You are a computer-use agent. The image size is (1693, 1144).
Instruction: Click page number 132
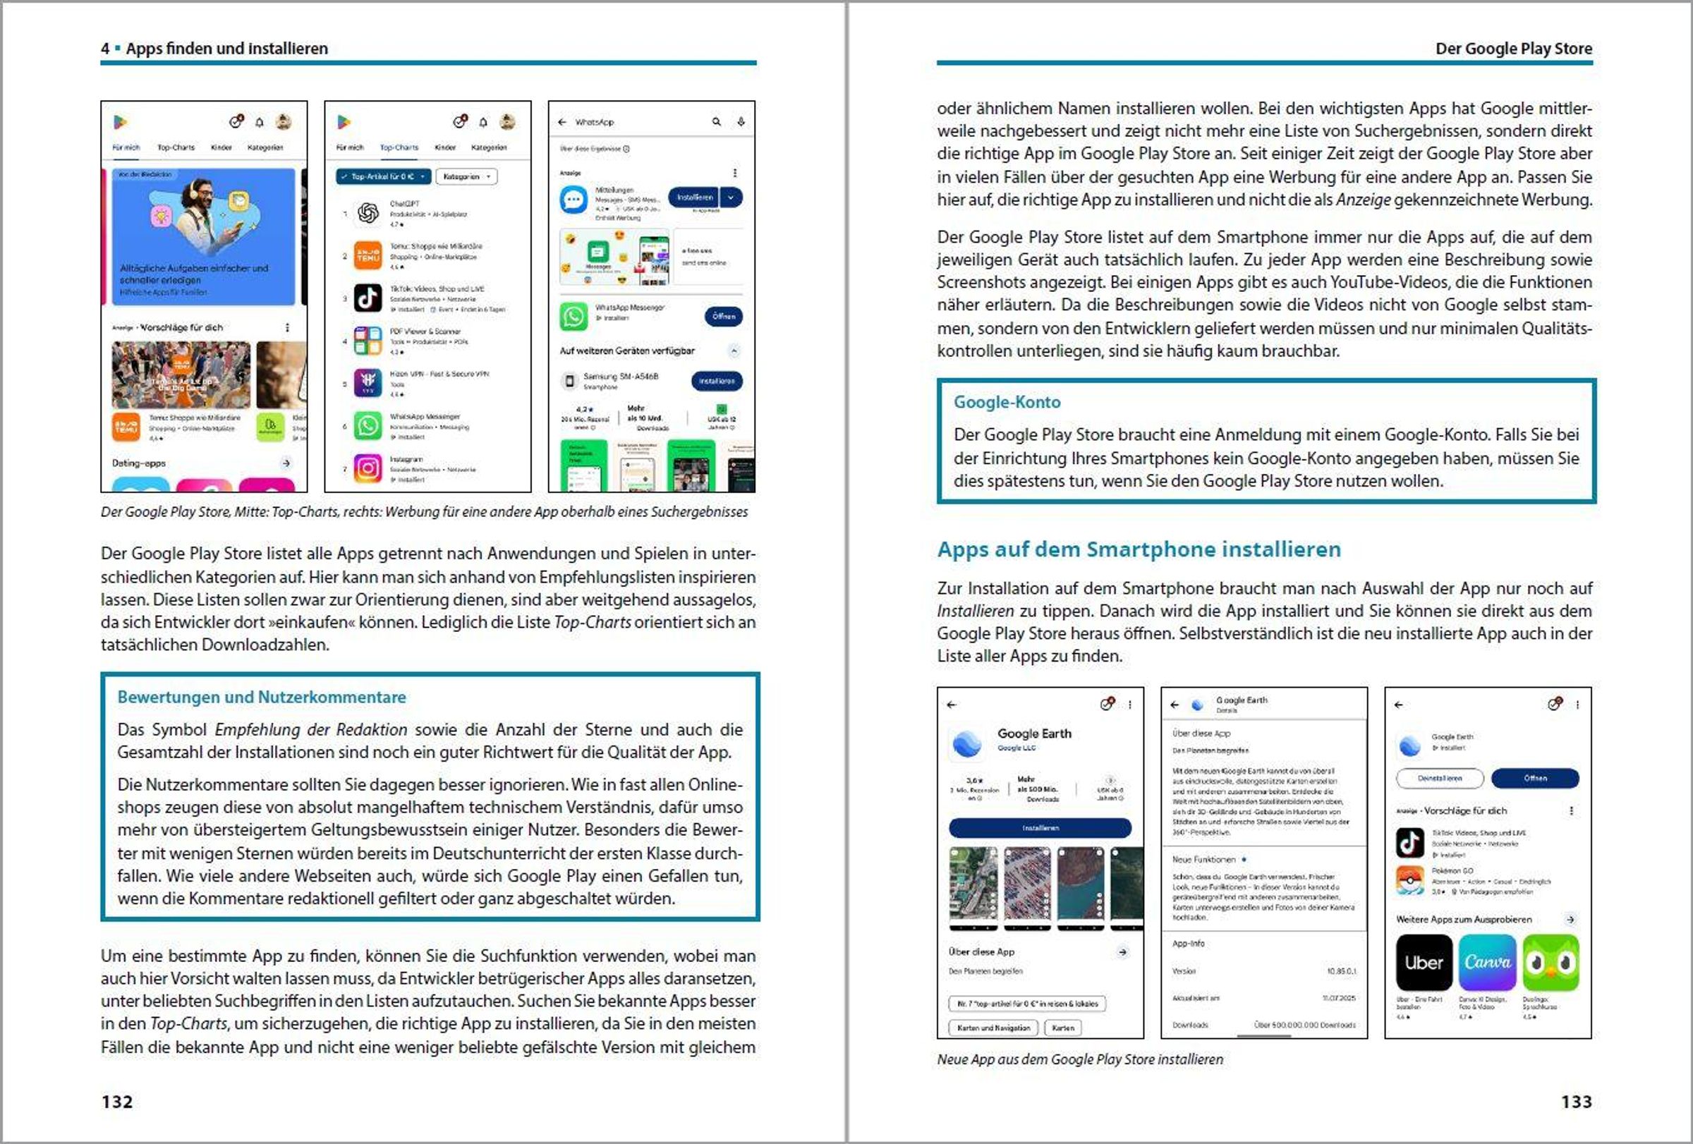[x=116, y=1101]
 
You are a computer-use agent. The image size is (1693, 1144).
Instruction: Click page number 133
[x=1576, y=1101]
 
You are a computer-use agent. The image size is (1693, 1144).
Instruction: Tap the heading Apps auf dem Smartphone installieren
[x=1139, y=549]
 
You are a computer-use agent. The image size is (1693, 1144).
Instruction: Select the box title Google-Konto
[x=1007, y=402]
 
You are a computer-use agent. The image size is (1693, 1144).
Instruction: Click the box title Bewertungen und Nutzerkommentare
[x=262, y=697]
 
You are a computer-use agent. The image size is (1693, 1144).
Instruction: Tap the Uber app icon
[x=1424, y=963]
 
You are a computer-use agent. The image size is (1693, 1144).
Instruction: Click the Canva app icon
[x=1487, y=963]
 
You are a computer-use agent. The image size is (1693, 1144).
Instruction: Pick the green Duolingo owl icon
[x=1551, y=963]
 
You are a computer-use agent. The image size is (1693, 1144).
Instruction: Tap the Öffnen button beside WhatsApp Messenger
[x=723, y=316]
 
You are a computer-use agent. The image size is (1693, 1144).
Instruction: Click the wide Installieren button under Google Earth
[x=1040, y=828]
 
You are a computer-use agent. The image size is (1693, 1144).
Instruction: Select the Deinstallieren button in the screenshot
[x=1440, y=778]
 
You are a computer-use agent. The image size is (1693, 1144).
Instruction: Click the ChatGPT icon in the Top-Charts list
[x=368, y=212]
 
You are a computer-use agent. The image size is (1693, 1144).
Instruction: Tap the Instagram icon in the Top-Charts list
[x=368, y=468]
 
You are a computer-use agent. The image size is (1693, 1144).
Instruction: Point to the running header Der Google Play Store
[x=1513, y=49]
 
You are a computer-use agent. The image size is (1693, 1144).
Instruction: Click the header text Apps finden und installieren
[x=226, y=49]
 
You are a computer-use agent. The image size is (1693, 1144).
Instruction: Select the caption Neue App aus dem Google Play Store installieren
[x=1079, y=1059]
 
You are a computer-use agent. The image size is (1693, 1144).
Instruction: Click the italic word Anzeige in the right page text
[x=1363, y=200]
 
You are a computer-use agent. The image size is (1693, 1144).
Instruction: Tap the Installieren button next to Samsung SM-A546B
[x=717, y=381]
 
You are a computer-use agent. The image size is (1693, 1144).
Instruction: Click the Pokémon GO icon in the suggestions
[x=1409, y=880]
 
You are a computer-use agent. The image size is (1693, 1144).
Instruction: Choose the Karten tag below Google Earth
[x=1063, y=1028]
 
